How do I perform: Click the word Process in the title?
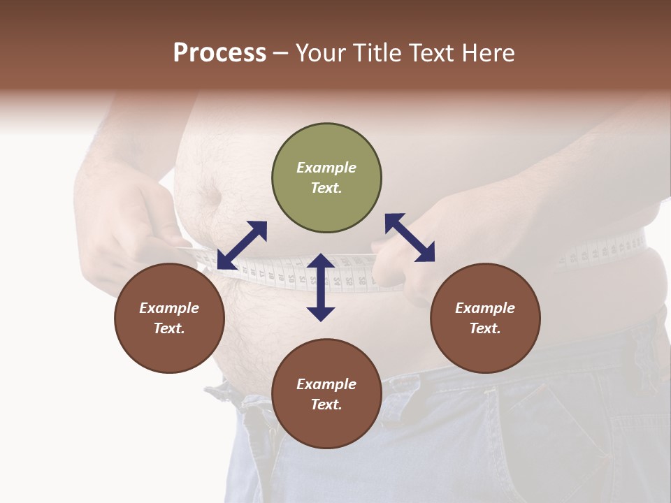pyautogui.click(x=219, y=53)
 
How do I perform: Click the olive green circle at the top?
pyautogui.click(x=326, y=178)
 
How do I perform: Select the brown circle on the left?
pyautogui.click(x=169, y=318)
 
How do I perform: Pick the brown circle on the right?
pyautogui.click(x=485, y=318)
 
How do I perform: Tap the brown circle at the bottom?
pyautogui.click(x=326, y=393)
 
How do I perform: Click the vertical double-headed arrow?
pyautogui.click(x=321, y=287)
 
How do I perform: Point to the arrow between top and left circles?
pyautogui.click(x=242, y=245)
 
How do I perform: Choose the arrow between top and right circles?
pyautogui.click(x=410, y=238)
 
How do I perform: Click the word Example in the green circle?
pyautogui.click(x=326, y=168)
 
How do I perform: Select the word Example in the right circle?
pyautogui.click(x=485, y=308)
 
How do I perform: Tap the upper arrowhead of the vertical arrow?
pyautogui.click(x=321, y=262)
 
